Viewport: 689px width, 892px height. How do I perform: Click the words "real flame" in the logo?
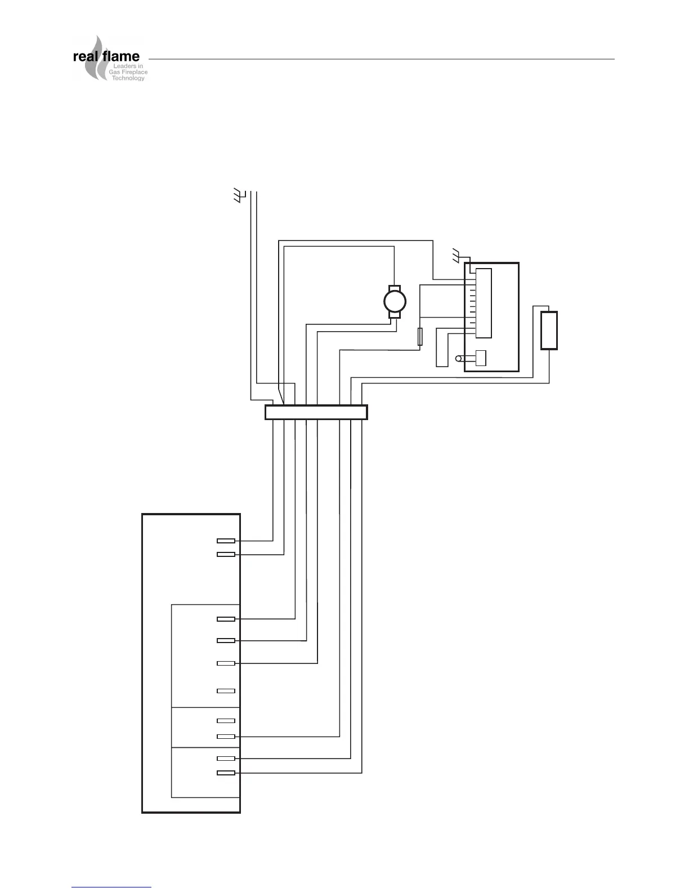[x=106, y=57]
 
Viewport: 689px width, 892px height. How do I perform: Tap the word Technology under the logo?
[x=128, y=78]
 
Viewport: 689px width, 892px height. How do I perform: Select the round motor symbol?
[x=395, y=302]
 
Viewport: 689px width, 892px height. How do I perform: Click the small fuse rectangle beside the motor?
[x=420, y=337]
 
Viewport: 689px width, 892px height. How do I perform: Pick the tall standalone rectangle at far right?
[x=549, y=331]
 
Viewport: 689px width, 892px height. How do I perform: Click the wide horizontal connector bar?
[x=316, y=412]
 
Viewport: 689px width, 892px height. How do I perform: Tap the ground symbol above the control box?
[x=457, y=255]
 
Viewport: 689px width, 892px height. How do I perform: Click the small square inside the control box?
[x=481, y=358]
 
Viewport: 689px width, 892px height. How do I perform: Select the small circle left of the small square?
[x=458, y=359]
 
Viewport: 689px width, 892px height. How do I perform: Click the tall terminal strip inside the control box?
[x=484, y=303]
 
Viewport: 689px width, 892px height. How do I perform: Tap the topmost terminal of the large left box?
[x=226, y=541]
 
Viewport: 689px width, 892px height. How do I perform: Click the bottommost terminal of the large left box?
[x=226, y=773]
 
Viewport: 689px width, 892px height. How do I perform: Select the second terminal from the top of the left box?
[x=226, y=555]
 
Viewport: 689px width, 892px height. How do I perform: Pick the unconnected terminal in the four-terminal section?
[x=226, y=691]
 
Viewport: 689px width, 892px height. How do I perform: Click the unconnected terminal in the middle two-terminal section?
[x=226, y=721]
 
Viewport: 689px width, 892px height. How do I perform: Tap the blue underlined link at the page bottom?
[x=111, y=887]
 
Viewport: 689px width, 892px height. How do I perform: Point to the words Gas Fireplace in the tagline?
[x=128, y=73]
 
